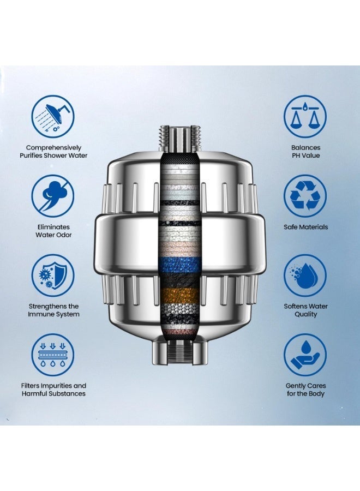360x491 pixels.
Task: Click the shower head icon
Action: point(53,117)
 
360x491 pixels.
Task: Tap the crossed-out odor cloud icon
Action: point(53,196)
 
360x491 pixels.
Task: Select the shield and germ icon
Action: point(53,276)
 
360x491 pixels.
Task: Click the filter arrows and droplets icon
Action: point(53,355)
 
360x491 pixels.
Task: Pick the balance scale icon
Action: point(305,117)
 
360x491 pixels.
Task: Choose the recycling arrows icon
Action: point(305,196)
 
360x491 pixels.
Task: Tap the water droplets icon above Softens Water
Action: point(305,276)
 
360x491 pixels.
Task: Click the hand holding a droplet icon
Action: point(305,355)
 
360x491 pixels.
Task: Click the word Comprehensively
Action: point(53,148)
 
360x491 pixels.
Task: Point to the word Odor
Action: point(63,235)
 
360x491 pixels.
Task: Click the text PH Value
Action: point(305,155)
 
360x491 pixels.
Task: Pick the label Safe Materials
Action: point(305,227)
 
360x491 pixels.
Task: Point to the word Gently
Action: point(296,386)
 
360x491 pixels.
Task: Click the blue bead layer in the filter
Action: point(179,265)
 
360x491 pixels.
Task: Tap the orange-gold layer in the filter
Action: point(179,295)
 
